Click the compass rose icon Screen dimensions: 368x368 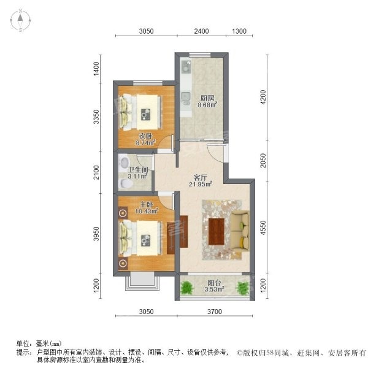click(20, 20)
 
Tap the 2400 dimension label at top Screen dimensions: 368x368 click(201, 31)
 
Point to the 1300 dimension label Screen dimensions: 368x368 click(239, 31)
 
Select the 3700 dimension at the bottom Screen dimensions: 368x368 click(215, 312)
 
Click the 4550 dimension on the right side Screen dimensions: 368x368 click(263, 228)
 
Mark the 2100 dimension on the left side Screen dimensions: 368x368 click(96, 172)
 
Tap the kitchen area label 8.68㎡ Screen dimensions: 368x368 click(207, 105)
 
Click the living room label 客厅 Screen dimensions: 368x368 click(200, 177)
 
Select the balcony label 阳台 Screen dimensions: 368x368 click(214, 283)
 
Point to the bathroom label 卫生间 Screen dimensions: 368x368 click(138, 170)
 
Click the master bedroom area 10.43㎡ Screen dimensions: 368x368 click(147, 211)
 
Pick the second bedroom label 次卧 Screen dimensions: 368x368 click(145, 136)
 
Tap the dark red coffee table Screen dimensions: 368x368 click(217, 232)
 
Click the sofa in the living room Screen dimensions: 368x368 click(240, 231)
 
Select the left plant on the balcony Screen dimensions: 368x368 click(187, 288)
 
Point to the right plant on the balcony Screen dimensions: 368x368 click(243, 288)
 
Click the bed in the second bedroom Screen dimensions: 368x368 click(140, 112)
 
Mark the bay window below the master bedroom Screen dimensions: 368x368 click(142, 281)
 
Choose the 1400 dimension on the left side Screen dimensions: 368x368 click(96, 69)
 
